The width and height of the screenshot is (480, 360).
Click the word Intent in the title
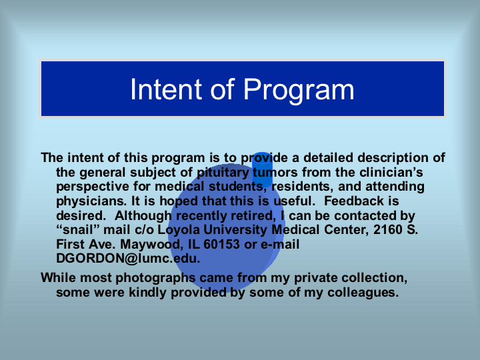coord(166,89)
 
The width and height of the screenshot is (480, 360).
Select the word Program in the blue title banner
coord(299,91)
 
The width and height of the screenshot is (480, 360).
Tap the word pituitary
coord(223,173)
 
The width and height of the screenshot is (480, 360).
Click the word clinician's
coord(391,173)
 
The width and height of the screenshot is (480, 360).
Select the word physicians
coord(91,201)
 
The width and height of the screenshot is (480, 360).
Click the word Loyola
coord(179,230)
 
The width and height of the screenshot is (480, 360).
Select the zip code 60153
coord(221,244)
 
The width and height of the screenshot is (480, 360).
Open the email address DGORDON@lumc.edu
coord(128,259)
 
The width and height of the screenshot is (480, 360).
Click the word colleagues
coord(363,293)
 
